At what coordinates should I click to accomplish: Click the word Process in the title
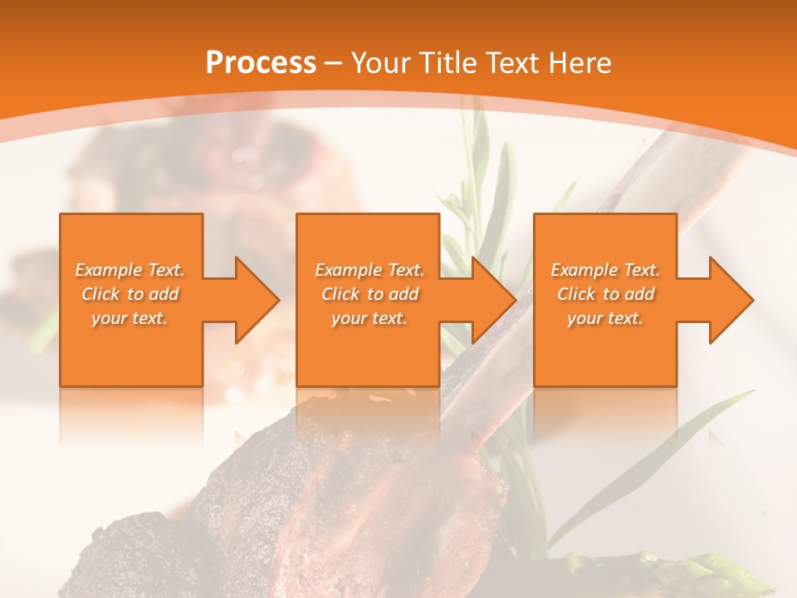point(261,63)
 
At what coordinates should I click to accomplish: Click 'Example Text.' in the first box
point(130,270)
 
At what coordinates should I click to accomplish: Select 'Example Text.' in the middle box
point(369,270)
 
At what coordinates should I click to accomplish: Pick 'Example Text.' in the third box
point(605,270)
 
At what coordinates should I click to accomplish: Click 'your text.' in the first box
point(130,318)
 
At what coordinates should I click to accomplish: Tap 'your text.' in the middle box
point(369,318)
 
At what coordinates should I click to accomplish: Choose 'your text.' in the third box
point(605,318)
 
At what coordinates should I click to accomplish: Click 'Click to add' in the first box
point(130,294)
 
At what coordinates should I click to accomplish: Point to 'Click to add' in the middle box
point(369,294)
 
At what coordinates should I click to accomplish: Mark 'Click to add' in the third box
point(605,294)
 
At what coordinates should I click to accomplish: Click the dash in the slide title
point(334,64)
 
